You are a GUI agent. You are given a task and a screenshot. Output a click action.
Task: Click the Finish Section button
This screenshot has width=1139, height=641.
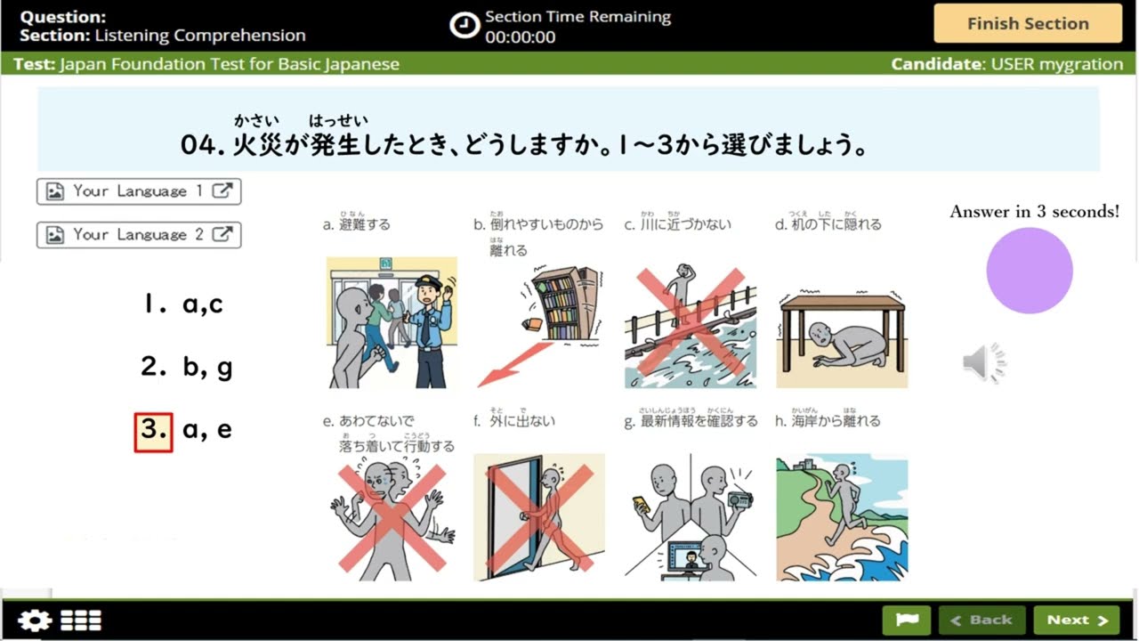pos(1028,24)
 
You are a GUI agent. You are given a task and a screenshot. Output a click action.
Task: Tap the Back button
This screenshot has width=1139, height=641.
pos(981,621)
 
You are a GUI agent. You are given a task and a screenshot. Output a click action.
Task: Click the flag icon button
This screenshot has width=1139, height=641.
pos(906,621)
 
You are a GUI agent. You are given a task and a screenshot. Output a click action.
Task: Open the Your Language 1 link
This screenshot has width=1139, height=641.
pos(139,191)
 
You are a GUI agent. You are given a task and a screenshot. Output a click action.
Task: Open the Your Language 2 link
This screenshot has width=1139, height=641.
pos(139,235)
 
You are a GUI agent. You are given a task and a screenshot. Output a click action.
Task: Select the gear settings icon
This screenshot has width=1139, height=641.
pos(35,621)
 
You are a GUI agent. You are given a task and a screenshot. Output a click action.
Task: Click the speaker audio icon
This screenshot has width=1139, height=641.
pos(984,363)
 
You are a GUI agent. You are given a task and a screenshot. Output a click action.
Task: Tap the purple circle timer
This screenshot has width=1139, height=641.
pos(1030,271)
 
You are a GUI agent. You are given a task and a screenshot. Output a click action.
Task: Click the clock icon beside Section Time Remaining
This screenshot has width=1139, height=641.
pos(464,26)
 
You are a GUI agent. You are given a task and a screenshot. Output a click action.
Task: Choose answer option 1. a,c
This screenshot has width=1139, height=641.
pos(183,304)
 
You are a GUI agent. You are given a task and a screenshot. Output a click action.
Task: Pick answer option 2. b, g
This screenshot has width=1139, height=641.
pos(187,367)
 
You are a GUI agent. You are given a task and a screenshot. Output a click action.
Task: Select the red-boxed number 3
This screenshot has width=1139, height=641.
pos(153,431)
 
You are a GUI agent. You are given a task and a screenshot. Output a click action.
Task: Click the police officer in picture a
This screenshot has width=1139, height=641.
pos(430,329)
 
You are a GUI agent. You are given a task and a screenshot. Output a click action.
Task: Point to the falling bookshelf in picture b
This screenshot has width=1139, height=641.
pos(566,303)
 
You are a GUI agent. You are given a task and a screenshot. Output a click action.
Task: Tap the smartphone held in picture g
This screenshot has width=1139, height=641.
pos(640,503)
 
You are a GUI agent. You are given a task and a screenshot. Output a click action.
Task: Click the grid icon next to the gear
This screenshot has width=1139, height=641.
pos(81,621)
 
